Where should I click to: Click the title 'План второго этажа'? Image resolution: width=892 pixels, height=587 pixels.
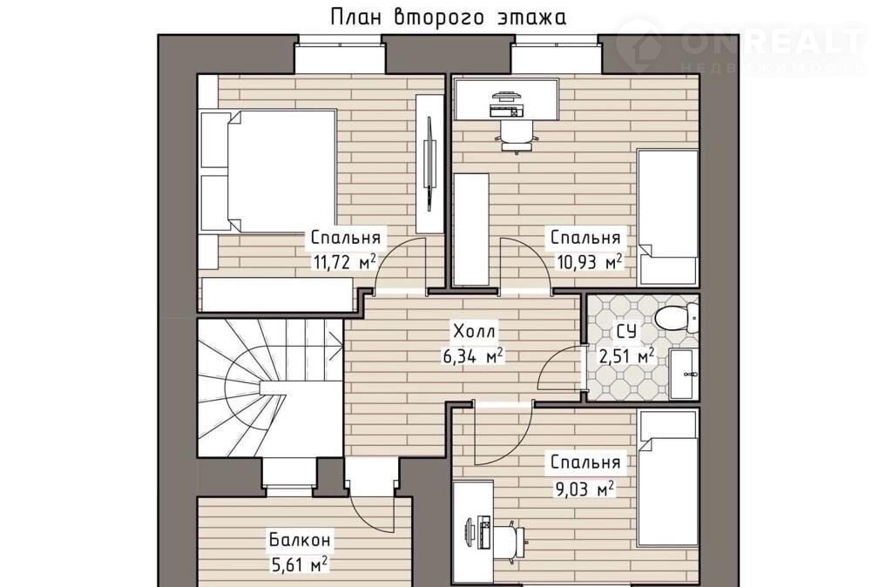point(449,17)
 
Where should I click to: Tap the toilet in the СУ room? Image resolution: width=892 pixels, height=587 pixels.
point(676,317)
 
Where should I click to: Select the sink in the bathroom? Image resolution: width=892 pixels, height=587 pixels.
point(682,374)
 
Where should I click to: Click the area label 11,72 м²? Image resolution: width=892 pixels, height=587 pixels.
point(344,261)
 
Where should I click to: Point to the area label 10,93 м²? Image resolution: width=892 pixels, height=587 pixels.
point(588,262)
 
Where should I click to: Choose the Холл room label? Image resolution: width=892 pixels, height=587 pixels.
point(474,331)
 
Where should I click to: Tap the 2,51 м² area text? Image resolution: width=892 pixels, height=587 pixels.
point(625,356)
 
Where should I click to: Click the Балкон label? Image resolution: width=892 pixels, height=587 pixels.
point(300,538)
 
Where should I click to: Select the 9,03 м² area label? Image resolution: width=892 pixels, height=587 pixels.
point(585,489)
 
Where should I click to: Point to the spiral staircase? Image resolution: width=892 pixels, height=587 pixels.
point(270,388)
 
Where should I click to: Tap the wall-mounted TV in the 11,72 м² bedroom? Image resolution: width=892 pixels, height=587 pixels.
point(430,164)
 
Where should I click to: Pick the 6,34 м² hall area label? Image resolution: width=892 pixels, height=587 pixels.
point(473,356)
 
